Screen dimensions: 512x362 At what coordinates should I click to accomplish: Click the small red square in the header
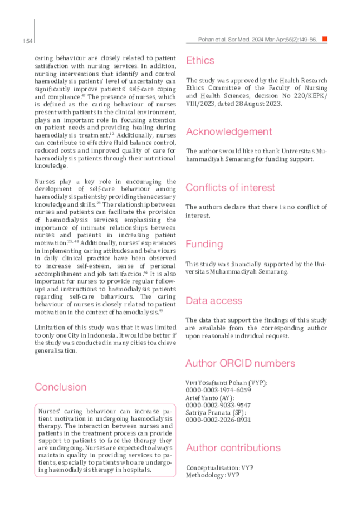(325, 39)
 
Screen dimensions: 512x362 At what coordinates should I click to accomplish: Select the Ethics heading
(200, 60)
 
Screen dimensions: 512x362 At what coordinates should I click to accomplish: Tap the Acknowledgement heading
(229, 131)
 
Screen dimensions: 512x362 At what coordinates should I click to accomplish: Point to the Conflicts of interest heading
(230, 187)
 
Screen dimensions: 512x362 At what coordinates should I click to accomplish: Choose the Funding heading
(204, 244)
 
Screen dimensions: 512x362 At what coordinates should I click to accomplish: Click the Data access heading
(214, 300)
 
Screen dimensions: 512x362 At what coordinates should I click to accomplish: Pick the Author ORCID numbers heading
(241, 363)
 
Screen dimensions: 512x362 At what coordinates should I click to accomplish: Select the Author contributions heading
(233, 447)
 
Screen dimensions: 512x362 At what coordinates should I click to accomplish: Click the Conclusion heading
(61, 387)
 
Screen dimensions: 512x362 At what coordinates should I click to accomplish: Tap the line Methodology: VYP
(213, 475)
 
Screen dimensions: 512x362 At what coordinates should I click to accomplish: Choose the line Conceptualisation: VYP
(219, 468)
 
